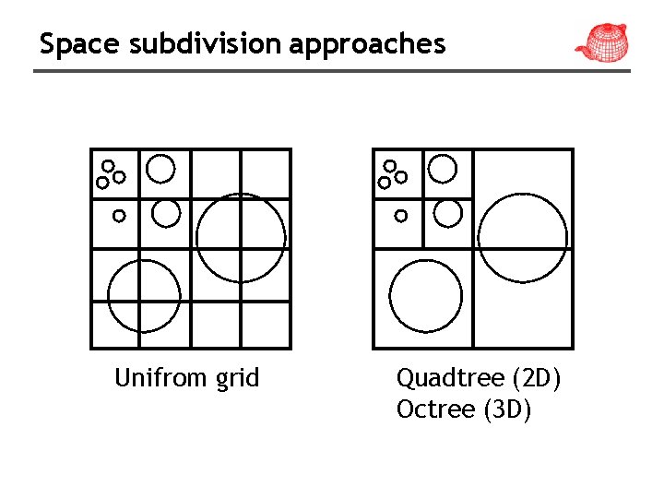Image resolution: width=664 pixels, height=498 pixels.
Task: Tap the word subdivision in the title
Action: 183,43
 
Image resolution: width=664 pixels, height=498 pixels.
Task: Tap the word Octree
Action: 435,409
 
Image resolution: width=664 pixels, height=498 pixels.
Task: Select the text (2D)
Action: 536,378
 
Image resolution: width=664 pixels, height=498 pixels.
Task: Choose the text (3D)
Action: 507,409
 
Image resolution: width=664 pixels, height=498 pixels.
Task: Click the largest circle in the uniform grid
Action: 242,238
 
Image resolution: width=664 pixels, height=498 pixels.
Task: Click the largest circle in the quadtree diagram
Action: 524,238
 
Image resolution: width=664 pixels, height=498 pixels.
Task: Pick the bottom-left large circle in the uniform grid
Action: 144,296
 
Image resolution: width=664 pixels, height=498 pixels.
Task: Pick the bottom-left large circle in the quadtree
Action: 425,296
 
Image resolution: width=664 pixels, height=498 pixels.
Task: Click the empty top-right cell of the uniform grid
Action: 266,173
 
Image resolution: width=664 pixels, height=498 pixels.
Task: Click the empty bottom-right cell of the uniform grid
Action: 266,324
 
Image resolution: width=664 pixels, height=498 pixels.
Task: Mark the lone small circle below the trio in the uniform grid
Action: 119,216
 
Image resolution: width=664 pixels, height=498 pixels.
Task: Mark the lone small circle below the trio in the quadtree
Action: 400,216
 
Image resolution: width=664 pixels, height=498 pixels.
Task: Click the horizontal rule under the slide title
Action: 332,71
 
